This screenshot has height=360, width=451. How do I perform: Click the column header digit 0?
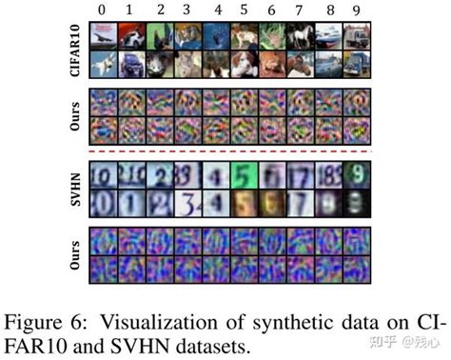tap(101, 10)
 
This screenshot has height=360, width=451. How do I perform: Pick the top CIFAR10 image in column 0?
tap(101, 36)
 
